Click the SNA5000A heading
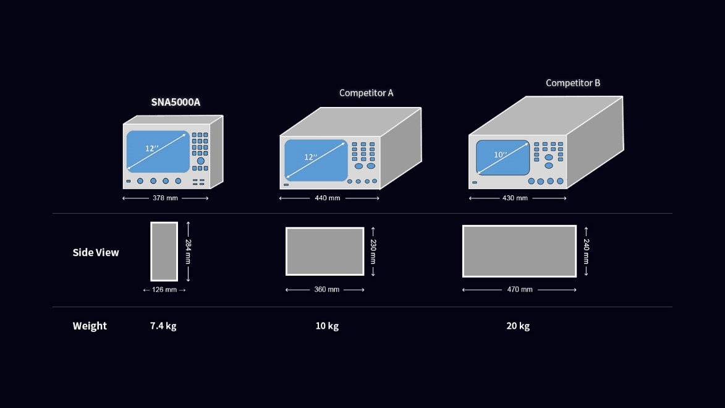(176, 102)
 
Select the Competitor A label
(366, 93)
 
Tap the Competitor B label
(572, 83)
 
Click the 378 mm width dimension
(165, 198)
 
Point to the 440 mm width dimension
(328, 198)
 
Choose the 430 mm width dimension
(515, 198)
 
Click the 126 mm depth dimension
(164, 290)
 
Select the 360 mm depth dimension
(326, 290)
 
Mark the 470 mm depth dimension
(519, 290)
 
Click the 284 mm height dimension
(189, 252)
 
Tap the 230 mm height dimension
(373, 252)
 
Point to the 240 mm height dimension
(586, 252)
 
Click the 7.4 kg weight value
(163, 326)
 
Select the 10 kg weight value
(327, 326)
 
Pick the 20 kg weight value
(518, 326)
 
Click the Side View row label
(96, 252)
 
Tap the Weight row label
(90, 326)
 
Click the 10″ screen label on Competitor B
(500, 155)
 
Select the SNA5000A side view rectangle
(164, 252)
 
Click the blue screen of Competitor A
(315, 160)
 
